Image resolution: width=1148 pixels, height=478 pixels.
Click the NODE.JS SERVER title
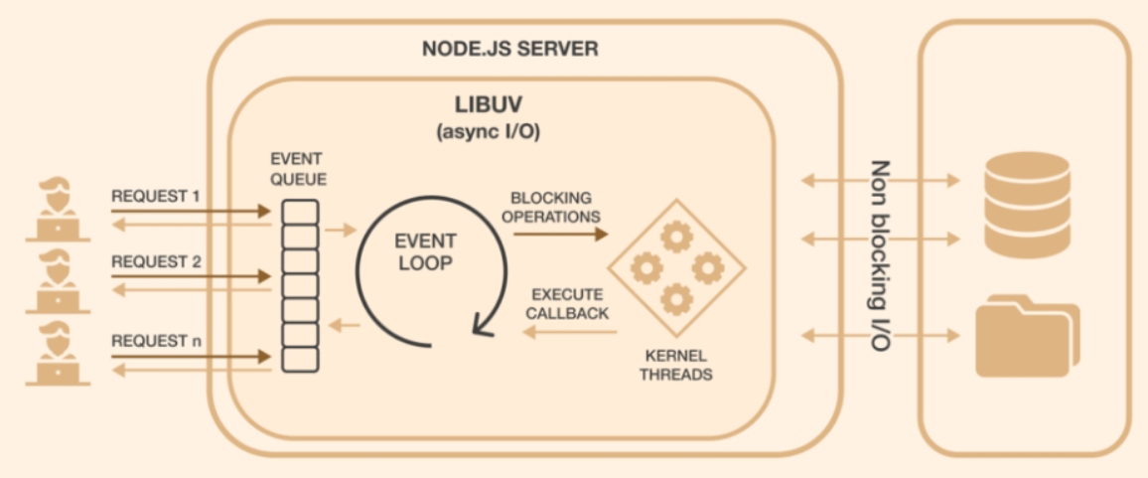pos(510,49)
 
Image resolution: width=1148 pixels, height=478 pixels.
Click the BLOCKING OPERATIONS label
pos(554,206)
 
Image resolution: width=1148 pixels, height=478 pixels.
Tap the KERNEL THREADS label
pos(676,367)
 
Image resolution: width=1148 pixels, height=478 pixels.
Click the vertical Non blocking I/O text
pos(879,252)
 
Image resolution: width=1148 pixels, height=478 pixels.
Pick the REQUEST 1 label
pos(156,196)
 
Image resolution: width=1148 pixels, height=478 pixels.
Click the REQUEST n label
pos(156,340)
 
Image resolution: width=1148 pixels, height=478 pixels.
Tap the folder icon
pos(1026,338)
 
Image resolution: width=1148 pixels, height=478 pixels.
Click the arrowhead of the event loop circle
pos(480,324)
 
